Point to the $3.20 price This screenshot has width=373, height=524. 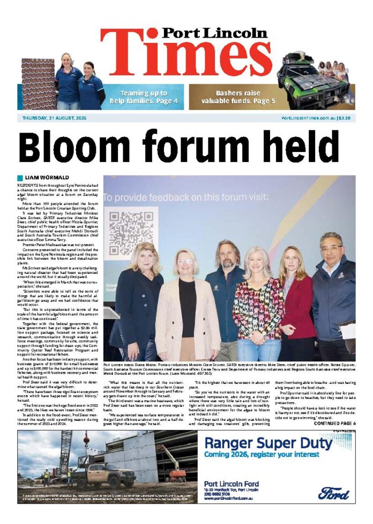coord(344,118)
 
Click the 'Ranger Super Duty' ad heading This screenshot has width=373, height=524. coord(268,443)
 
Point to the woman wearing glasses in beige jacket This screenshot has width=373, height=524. coord(186,311)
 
